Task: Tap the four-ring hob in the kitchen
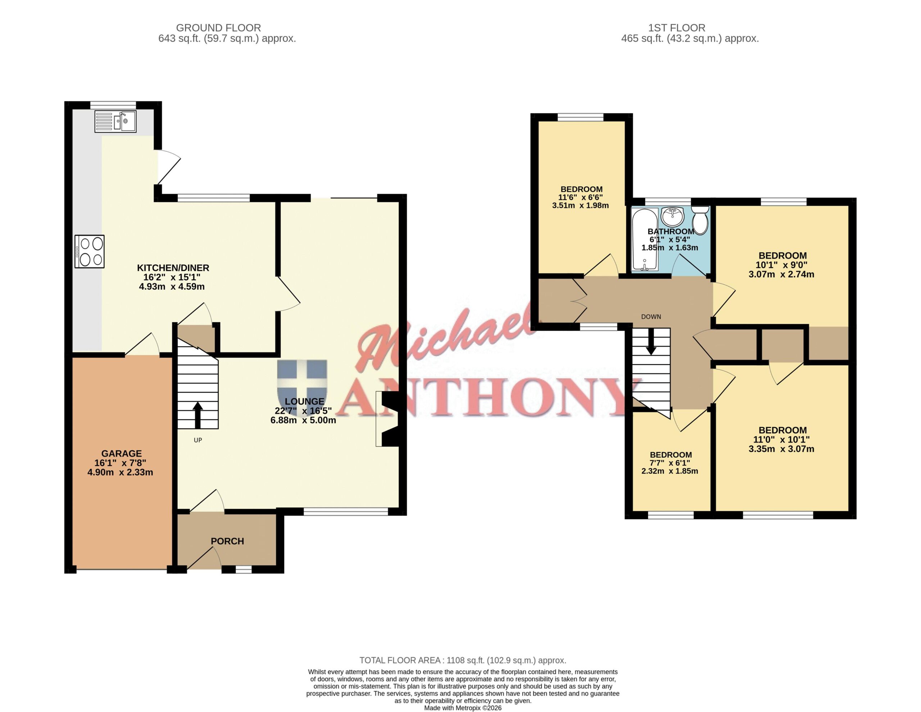(89, 252)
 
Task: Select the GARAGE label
(122, 453)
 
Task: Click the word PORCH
(227, 541)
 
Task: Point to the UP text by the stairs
(198, 440)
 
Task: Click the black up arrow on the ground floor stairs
(198, 415)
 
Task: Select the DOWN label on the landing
(651, 316)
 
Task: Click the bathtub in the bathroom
(645, 239)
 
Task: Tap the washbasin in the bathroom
(673, 217)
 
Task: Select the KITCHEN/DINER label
(173, 268)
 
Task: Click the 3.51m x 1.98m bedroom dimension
(580, 206)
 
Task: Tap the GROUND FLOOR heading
(218, 28)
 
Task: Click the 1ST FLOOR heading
(676, 28)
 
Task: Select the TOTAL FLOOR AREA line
(463, 661)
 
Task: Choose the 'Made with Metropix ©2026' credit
(463, 708)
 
